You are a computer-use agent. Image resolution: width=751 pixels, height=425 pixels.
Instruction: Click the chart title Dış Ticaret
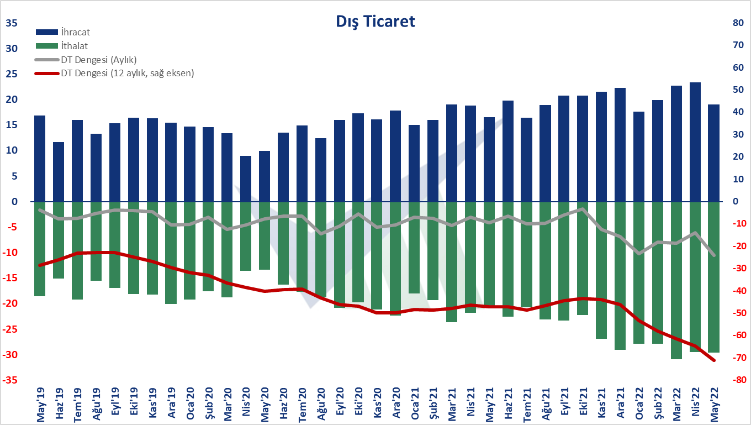tap(375, 22)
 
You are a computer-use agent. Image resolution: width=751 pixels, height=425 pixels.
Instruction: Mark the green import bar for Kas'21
tap(602, 270)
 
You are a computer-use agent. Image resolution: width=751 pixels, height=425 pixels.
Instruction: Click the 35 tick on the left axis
tap(11, 23)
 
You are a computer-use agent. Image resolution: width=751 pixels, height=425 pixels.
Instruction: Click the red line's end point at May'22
tap(714, 360)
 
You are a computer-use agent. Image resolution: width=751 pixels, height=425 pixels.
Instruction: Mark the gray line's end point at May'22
tap(714, 255)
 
